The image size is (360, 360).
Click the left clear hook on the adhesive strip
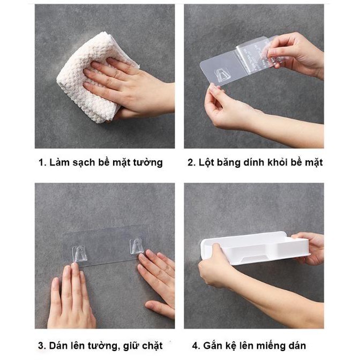(x=79, y=254)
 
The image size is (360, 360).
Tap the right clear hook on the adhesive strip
(x=137, y=246)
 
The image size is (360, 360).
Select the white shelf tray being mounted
(x=256, y=248)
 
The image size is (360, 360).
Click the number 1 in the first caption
(x=41, y=162)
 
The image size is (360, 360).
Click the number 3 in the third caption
(x=41, y=346)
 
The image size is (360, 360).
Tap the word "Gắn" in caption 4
(x=212, y=346)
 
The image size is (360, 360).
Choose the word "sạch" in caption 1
(x=84, y=162)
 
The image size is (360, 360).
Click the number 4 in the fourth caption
(x=195, y=346)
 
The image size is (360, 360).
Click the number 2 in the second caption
(x=191, y=162)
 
